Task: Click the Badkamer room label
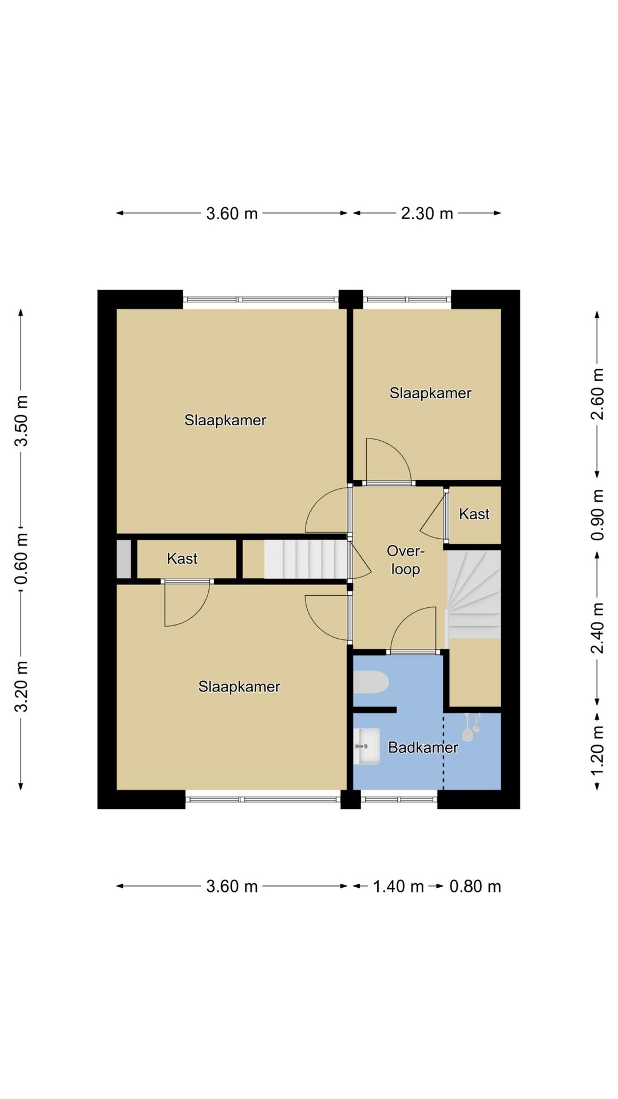(x=423, y=747)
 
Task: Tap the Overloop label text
(x=406, y=560)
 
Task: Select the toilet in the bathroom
(x=371, y=682)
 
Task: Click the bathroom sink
(x=366, y=746)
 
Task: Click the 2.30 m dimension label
(x=427, y=214)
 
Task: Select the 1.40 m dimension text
(x=398, y=887)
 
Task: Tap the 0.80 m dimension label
(x=475, y=887)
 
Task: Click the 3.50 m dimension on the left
(x=21, y=421)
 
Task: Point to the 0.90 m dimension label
(x=597, y=515)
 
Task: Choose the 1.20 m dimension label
(x=597, y=750)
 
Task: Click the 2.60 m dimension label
(x=597, y=394)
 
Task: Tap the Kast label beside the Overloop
(x=474, y=514)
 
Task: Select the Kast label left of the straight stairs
(x=182, y=558)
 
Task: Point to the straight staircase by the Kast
(x=306, y=559)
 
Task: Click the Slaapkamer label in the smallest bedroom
(x=430, y=393)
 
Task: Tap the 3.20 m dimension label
(x=21, y=686)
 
